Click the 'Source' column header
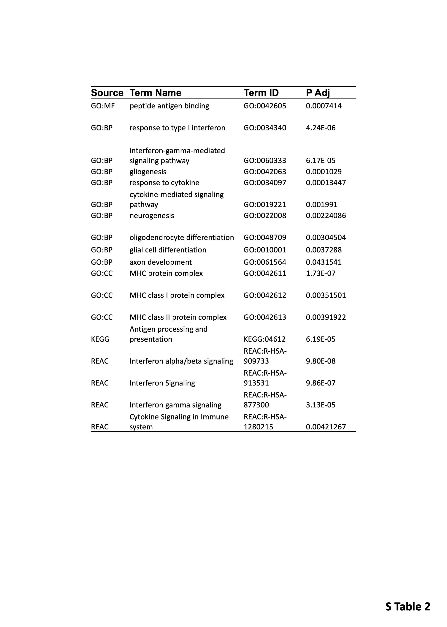[x=107, y=93]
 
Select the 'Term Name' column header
[x=156, y=93]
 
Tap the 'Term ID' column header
[x=261, y=93]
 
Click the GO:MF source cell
[x=103, y=106]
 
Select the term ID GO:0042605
[x=265, y=106]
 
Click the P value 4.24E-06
[x=321, y=128]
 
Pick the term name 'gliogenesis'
[x=148, y=172]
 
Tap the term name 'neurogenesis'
[x=152, y=216]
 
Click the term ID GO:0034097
[x=265, y=183]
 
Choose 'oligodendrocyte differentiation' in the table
[x=182, y=238]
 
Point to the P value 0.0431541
[x=324, y=262]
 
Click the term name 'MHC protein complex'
[x=166, y=273]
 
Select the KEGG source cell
[x=100, y=339]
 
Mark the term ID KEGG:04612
[x=264, y=339]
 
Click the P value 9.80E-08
[x=321, y=361]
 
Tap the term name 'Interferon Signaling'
[x=162, y=383]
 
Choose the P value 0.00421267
[x=326, y=427]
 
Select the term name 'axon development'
[x=161, y=262]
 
